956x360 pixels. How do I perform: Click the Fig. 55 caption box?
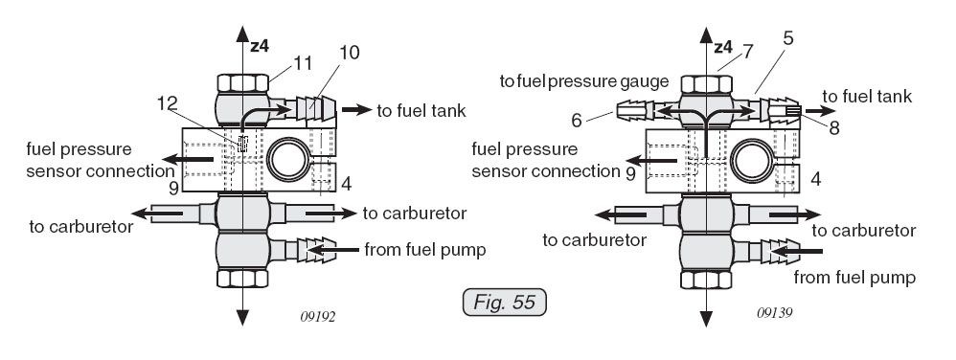pyautogui.click(x=504, y=303)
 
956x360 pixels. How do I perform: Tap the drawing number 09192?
pyautogui.click(x=318, y=317)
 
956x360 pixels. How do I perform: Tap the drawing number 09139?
pyautogui.click(x=774, y=313)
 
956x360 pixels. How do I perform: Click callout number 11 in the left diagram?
pyautogui.click(x=303, y=63)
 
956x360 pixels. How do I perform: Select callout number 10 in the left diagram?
pyautogui.click(x=350, y=53)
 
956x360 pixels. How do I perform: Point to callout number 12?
pyautogui.click(x=167, y=103)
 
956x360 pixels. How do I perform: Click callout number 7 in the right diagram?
pyautogui.click(x=748, y=51)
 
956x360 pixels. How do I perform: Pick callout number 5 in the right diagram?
pyautogui.click(x=788, y=38)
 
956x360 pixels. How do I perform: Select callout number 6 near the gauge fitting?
pyautogui.click(x=577, y=121)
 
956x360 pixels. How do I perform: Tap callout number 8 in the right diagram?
pyautogui.click(x=834, y=128)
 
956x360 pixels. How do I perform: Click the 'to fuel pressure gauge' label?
pyautogui.click(x=584, y=81)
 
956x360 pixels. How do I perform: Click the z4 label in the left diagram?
pyautogui.click(x=260, y=46)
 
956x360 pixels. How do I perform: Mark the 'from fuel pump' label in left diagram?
pyautogui.click(x=425, y=250)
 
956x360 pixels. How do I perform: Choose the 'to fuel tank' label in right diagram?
pyautogui.click(x=867, y=97)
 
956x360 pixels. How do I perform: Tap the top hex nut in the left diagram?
pyautogui.click(x=242, y=83)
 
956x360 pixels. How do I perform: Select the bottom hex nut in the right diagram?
pyautogui.click(x=706, y=280)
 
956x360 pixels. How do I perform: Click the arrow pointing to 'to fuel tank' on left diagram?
pyautogui.click(x=356, y=110)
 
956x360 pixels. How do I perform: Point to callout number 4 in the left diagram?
pyautogui.click(x=346, y=183)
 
